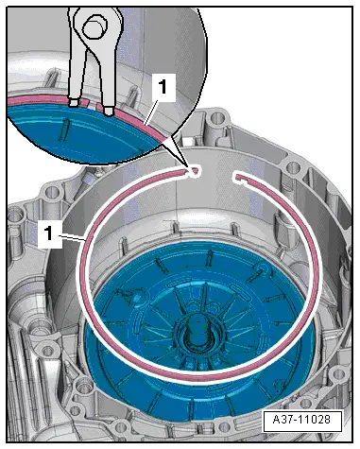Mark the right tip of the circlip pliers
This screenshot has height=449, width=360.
coord(110,111)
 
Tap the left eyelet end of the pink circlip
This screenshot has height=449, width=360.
coord(194,170)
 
